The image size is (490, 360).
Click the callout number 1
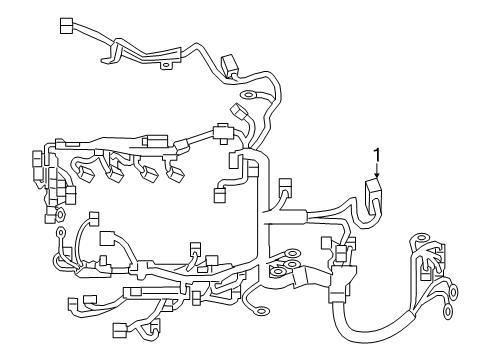click(377, 152)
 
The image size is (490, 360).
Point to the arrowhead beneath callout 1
click(377, 176)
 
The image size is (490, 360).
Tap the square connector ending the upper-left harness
click(67, 25)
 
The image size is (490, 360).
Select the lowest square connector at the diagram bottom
click(121, 329)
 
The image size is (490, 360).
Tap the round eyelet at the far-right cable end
click(453, 292)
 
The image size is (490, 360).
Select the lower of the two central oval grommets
click(281, 269)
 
